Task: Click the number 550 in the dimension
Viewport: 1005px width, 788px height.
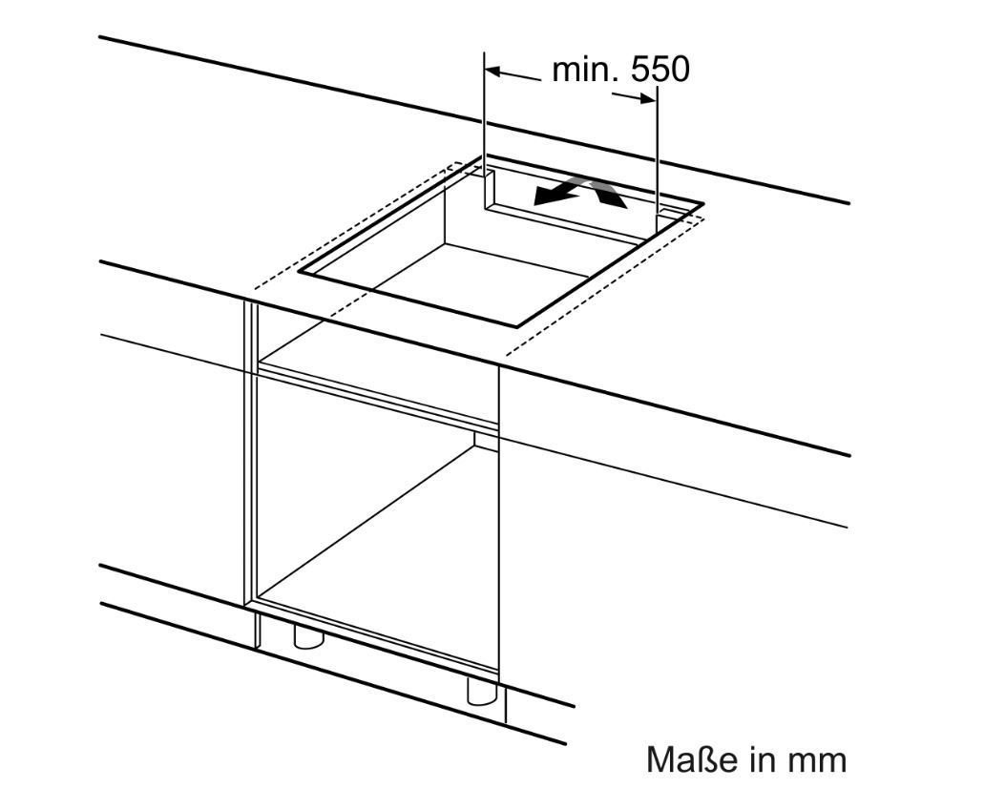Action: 660,70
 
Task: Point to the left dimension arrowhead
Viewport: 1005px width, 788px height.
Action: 492,71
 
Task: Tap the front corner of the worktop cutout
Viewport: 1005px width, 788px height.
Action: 516,326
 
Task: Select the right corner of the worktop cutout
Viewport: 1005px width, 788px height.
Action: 703,204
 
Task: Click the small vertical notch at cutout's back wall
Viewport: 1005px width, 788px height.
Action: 490,188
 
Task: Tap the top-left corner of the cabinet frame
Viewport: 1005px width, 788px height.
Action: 245,301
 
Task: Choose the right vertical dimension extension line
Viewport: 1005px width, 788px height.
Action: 657,157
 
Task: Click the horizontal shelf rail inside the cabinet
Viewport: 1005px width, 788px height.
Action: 377,395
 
